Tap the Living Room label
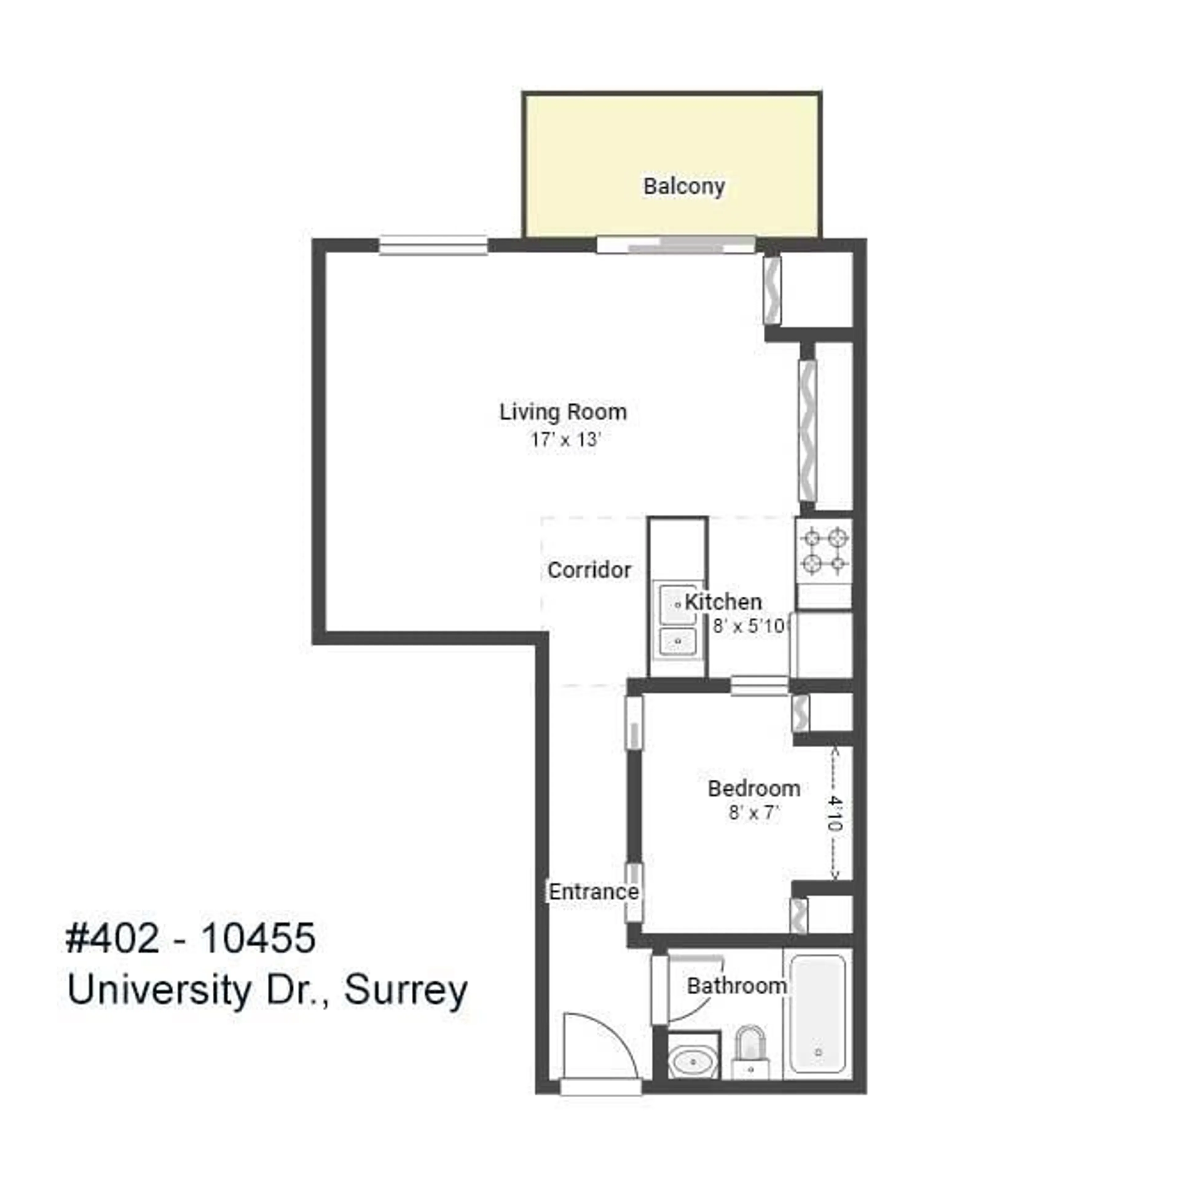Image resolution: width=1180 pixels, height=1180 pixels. (563, 412)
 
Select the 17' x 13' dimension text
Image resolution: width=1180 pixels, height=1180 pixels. (565, 440)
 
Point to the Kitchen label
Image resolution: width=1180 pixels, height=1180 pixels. (723, 602)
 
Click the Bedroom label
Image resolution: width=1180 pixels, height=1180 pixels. (754, 789)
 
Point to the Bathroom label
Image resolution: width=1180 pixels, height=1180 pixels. (737, 986)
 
